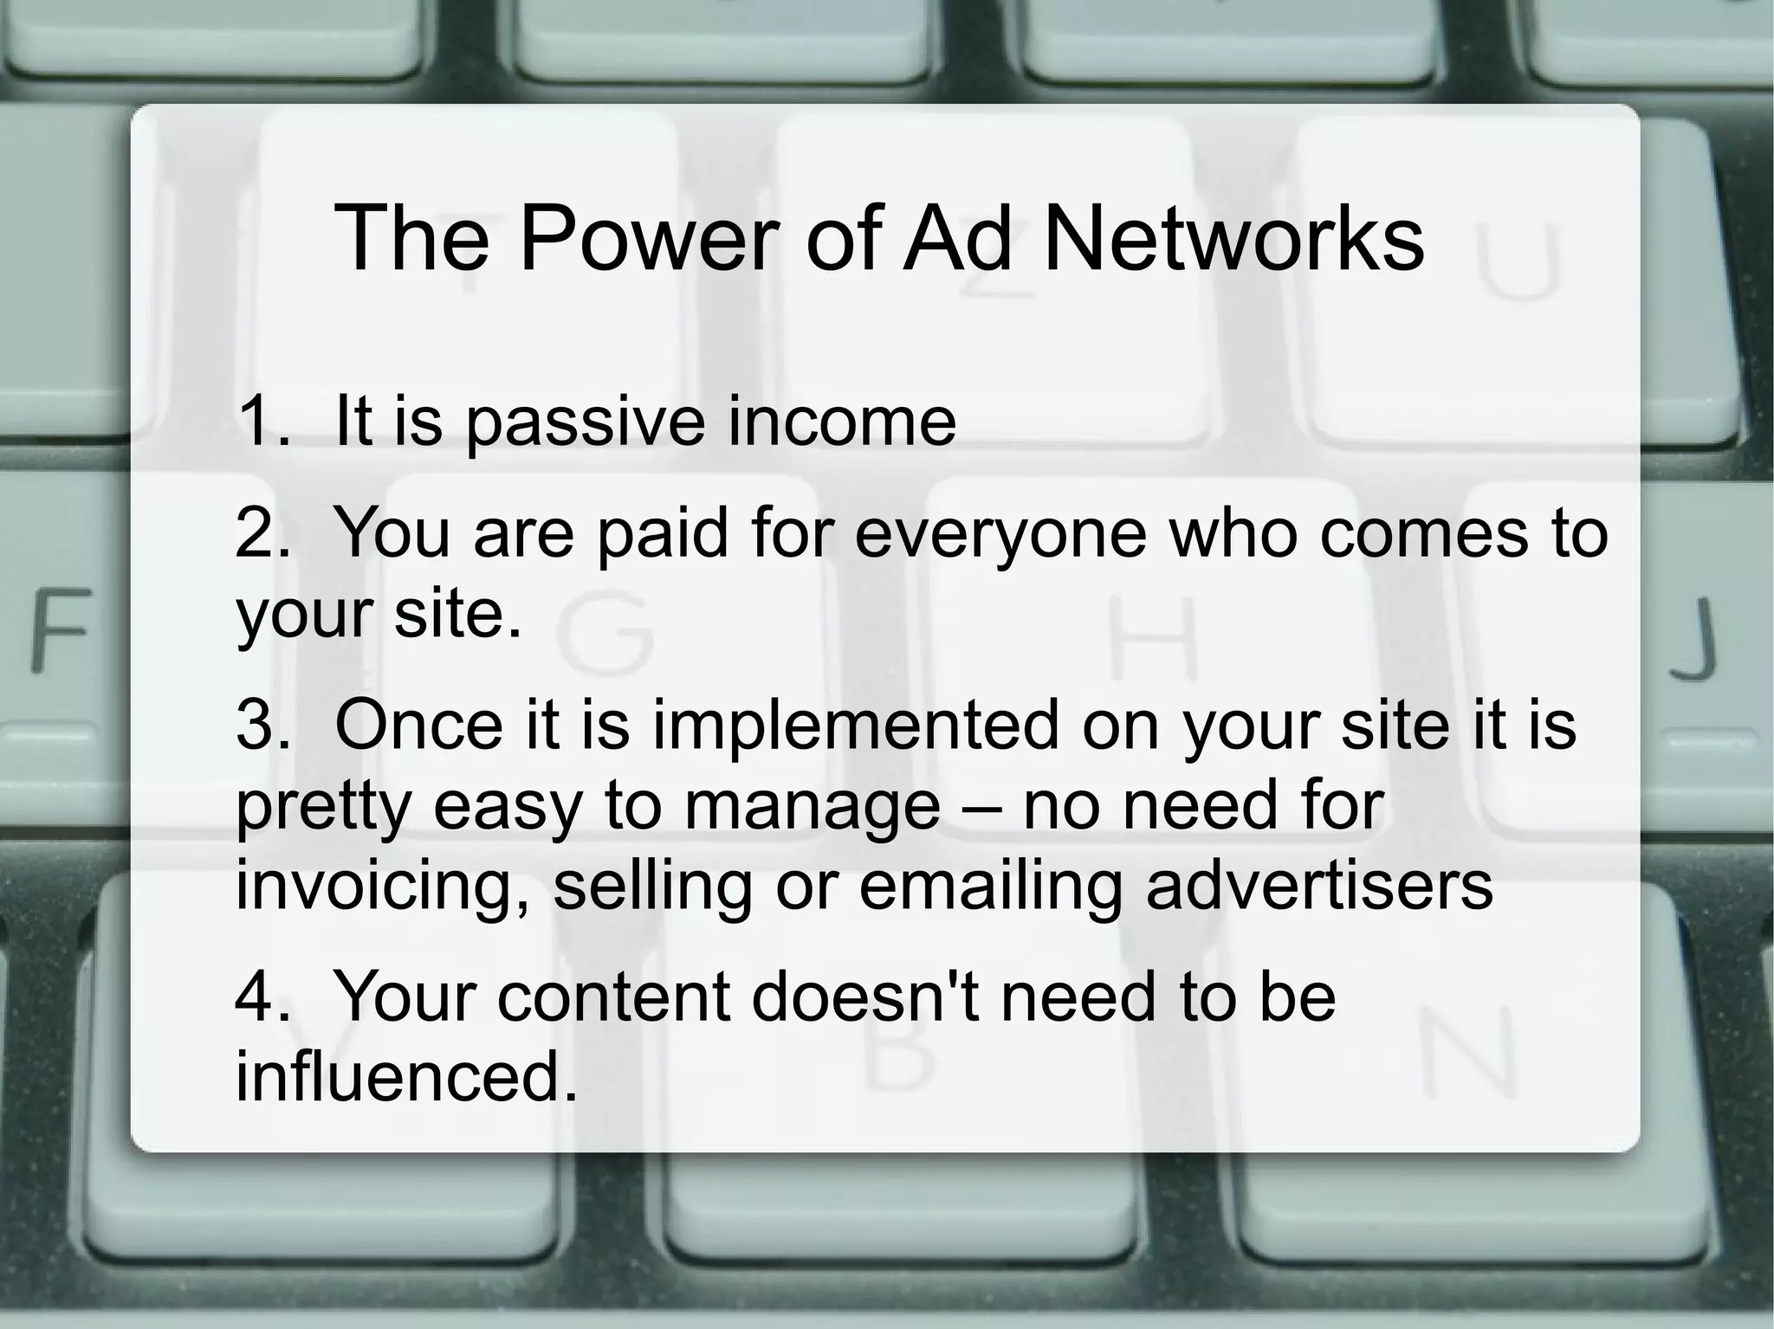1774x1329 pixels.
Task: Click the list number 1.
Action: (x=260, y=422)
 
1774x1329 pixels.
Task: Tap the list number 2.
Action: (x=260, y=533)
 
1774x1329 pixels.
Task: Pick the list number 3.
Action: (x=260, y=725)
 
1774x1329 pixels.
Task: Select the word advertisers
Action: (x=1320, y=885)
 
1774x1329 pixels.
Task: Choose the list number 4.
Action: (x=260, y=997)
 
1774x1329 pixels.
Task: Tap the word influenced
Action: (x=406, y=1076)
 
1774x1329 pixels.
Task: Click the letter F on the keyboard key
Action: (x=61, y=629)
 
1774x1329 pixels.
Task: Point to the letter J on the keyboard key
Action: (x=1693, y=638)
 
